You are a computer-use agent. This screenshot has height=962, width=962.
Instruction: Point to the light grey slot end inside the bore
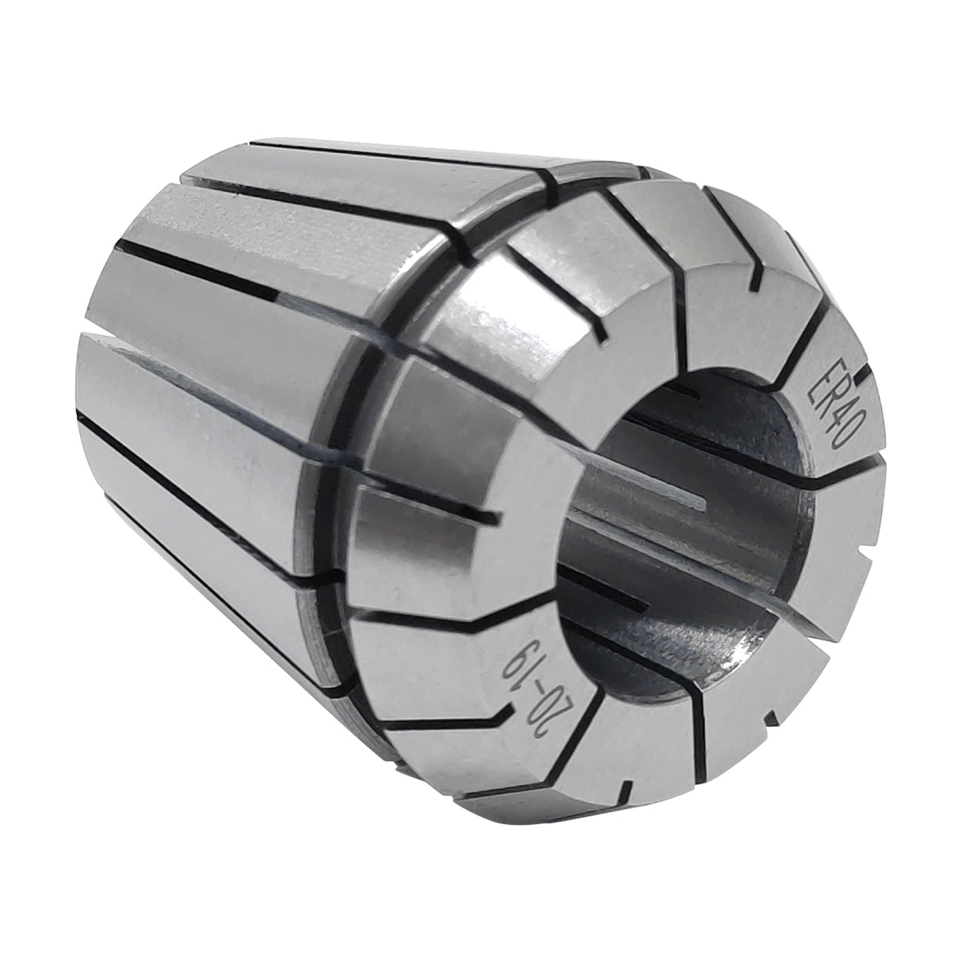pos(697,499)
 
